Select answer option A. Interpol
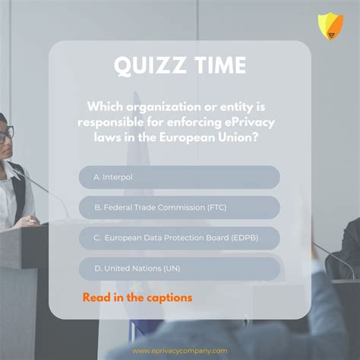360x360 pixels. click(x=179, y=177)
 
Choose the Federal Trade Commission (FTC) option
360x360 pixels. click(x=179, y=207)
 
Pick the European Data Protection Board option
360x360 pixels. click(x=179, y=238)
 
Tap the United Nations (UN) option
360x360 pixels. click(x=179, y=268)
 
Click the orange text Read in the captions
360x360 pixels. click(x=137, y=297)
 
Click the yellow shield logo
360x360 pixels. click(x=330, y=25)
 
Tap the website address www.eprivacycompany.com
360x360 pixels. click(x=179, y=351)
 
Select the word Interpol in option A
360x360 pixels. click(x=118, y=177)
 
